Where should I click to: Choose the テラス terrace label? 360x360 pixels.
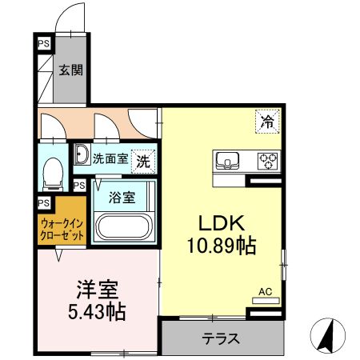pyautogui.click(x=220, y=338)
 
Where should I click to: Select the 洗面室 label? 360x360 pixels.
pyautogui.click(x=109, y=158)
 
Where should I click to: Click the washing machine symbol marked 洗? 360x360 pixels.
pyautogui.click(x=142, y=159)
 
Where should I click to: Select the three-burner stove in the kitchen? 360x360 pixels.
pyautogui.click(x=266, y=160)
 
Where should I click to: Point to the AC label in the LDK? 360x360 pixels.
pyautogui.click(x=265, y=294)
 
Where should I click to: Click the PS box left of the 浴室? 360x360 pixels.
pyautogui.click(x=78, y=185)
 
